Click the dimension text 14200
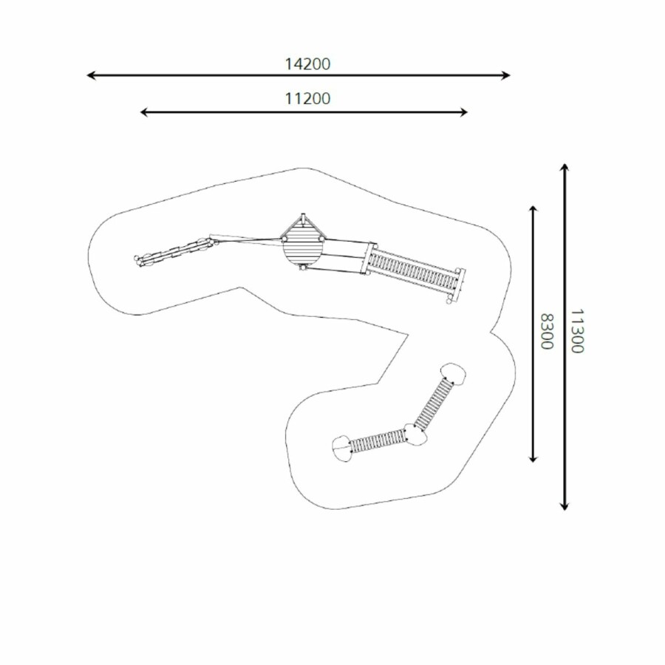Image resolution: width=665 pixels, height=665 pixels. click(307, 64)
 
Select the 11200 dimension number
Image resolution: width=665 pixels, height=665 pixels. click(307, 98)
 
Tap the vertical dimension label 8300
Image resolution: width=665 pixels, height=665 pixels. click(547, 331)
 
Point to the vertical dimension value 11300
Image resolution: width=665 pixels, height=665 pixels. click(577, 331)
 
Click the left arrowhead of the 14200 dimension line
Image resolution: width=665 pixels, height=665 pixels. click(90, 75)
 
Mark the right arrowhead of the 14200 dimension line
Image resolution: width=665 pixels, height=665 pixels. click(506, 75)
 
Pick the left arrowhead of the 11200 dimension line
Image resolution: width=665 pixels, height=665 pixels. click(144, 112)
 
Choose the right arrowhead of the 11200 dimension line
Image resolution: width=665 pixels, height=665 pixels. click(463, 112)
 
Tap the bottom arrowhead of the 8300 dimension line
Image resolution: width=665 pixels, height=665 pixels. click(533, 458)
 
